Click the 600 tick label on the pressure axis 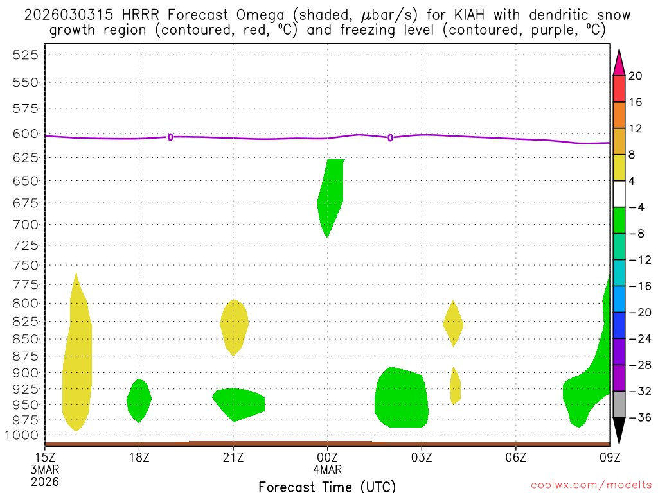pyautogui.click(x=26, y=134)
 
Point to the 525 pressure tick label pyautogui.click(x=26, y=55)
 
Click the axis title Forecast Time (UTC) pyautogui.click(x=327, y=486)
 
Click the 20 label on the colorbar pyautogui.click(x=636, y=76)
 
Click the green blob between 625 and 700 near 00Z pyautogui.click(x=332, y=193)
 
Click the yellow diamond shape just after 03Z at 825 pyautogui.click(x=453, y=324)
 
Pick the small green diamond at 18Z pyautogui.click(x=139, y=400)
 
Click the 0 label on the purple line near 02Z pyautogui.click(x=390, y=137)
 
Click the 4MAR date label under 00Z pyautogui.click(x=327, y=469)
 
